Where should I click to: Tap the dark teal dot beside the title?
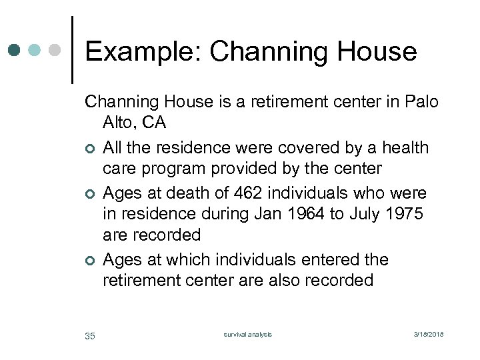[x=15, y=50]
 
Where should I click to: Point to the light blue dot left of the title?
[x=35, y=50]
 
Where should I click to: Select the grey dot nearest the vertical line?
[x=56, y=50]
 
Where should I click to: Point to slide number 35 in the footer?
[x=90, y=335]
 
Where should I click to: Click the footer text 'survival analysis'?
[x=247, y=334]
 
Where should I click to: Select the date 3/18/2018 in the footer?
[x=428, y=334]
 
